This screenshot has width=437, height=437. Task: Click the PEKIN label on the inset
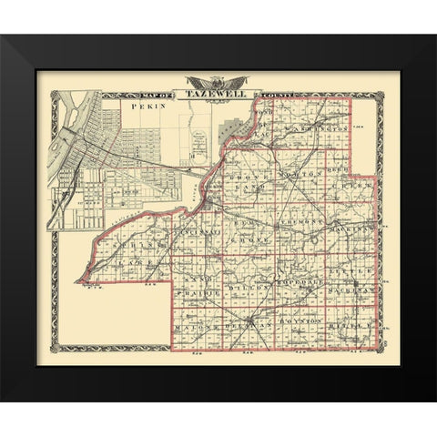(x=145, y=107)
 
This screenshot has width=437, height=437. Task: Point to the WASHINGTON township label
(x=320, y=130)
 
